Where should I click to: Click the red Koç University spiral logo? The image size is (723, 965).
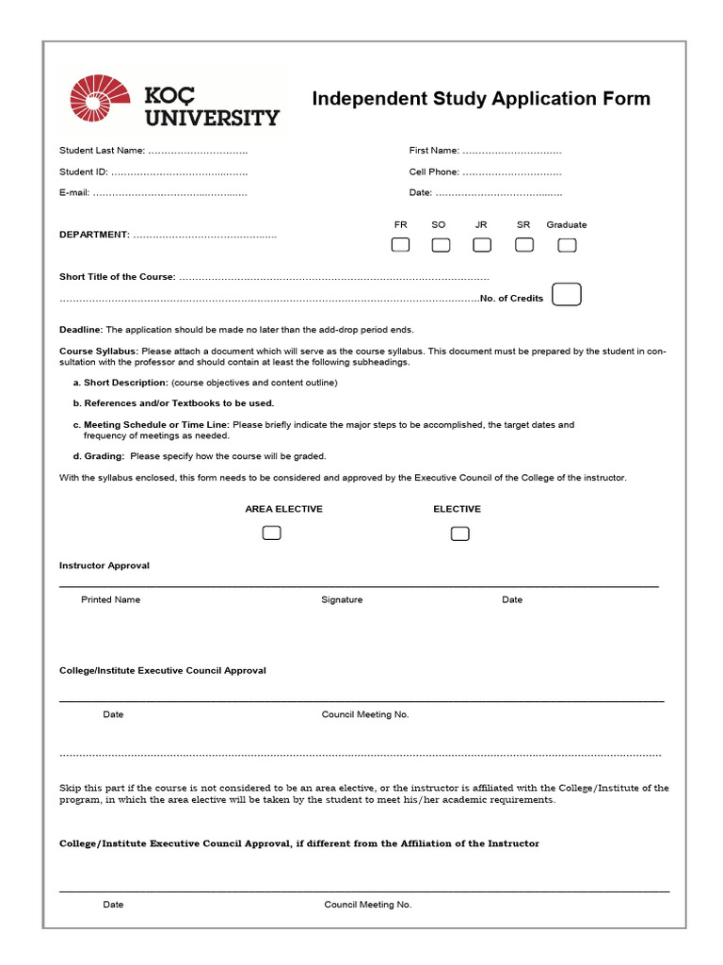[x=99, y=99]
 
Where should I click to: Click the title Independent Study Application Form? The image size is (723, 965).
[x=481, y=99]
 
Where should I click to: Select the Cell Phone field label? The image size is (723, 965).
[x=434, y=172]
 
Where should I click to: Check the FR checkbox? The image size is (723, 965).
[x=401, y=245]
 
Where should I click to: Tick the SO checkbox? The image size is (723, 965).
[x=441, y=245]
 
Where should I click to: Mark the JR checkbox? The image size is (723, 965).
[x=482, y=245]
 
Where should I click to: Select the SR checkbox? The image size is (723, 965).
[x=524, y=245]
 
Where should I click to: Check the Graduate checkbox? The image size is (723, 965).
[x=567, y=245]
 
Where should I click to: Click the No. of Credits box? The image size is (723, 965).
[x=567, y=295]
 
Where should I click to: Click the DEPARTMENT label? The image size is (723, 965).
[x=94, y=235]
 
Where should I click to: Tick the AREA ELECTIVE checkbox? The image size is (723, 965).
[x=271, y=533]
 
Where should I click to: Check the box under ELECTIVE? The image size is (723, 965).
[x=459, y=533]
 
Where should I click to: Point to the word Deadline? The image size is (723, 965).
[x=81, y=330]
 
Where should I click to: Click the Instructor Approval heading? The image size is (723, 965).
[x=104, y=565]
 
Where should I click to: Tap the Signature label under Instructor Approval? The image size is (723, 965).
[x=342, y=599]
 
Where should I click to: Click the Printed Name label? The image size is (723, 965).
[x=110, y=599]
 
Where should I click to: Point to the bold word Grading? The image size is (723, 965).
[x=104, y=456]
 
